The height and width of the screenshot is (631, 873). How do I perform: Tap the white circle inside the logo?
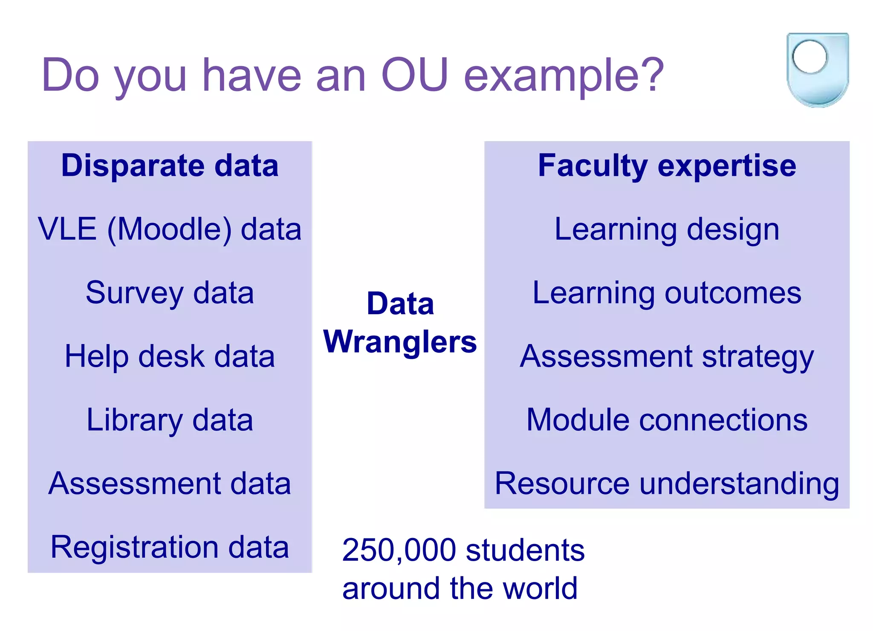809,56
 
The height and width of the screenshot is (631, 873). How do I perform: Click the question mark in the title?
652,75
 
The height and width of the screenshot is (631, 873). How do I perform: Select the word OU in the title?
414,75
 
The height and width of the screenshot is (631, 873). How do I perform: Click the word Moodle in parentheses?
169,229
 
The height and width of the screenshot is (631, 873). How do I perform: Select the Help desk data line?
170,356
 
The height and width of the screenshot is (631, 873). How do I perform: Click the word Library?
134,420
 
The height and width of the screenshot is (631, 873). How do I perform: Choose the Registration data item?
170,547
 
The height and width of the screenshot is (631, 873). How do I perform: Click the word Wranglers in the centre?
400,342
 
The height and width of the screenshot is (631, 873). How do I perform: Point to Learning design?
667,229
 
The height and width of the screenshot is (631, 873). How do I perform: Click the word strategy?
757,356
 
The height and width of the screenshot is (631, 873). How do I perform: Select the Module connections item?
667,420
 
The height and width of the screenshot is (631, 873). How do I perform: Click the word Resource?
562,483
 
